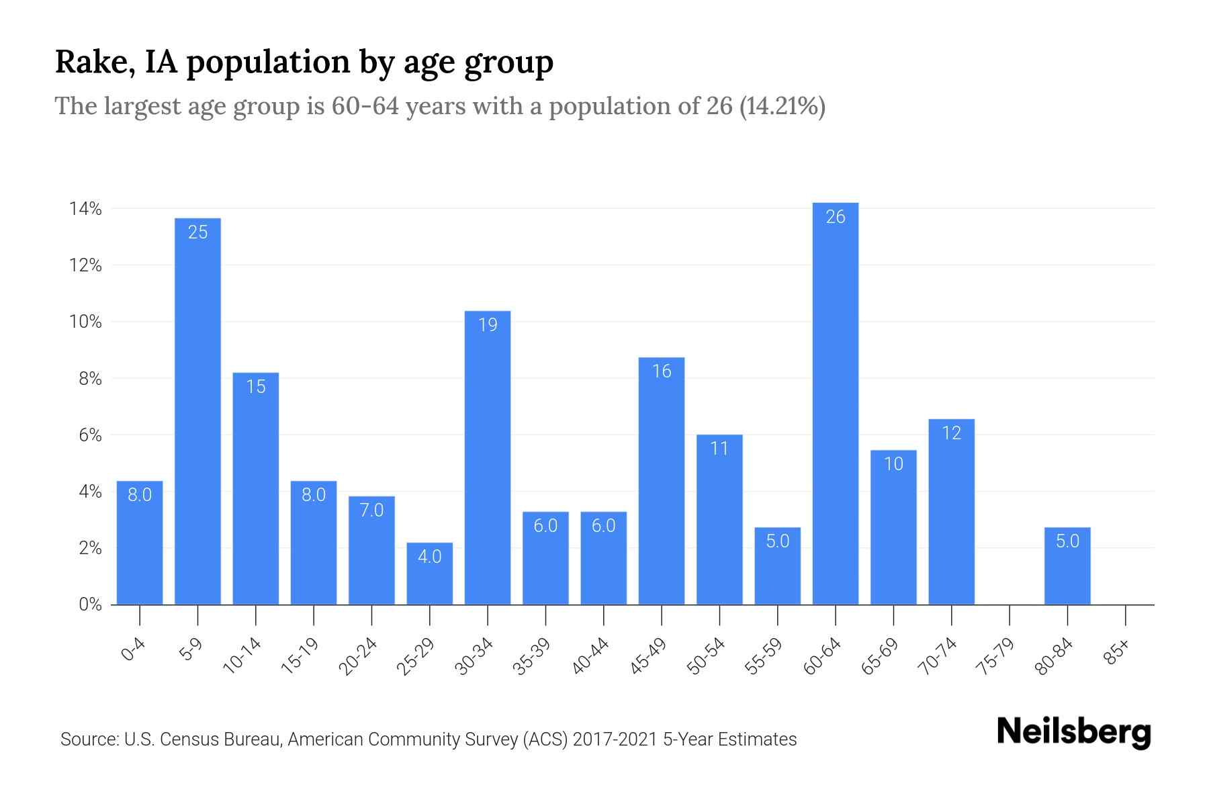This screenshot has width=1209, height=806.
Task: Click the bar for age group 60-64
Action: pos(835,403)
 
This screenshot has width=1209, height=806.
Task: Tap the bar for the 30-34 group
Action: pos(488,457)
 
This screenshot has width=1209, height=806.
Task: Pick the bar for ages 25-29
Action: pos(429,574)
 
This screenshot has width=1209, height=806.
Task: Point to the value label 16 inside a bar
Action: pos(662,371)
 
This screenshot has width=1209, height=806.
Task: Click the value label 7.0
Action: pos(371,510)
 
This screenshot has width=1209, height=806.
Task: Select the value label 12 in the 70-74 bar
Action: pos(952,433)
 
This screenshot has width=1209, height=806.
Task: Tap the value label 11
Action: pos(719,449)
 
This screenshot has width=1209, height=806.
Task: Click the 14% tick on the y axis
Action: pos(85,209)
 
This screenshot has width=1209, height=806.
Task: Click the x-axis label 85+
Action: pos(1118,652)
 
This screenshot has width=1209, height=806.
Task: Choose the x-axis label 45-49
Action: pos(648,656)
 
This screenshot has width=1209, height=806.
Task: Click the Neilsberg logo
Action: pos(1073,732)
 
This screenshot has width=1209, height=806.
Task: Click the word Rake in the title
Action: pos(87,62)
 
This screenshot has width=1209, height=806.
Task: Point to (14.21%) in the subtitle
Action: pos(782,106)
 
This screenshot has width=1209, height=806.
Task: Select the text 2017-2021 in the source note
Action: pos(615,740)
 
